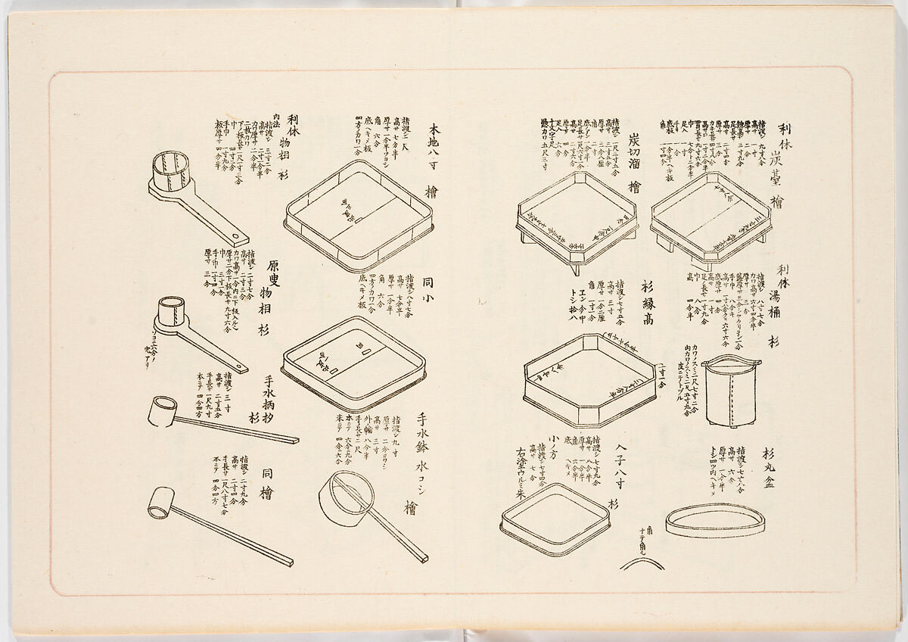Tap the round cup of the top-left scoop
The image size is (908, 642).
click(x=171, y=173)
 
